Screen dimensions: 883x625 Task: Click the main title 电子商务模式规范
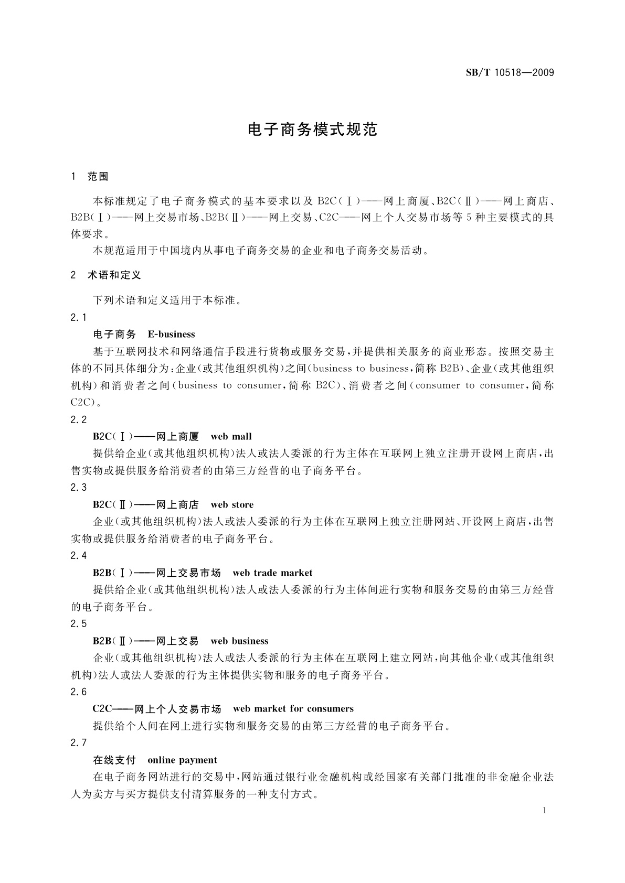pyautogui.click(x=312, y=130)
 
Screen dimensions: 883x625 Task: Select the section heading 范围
pyautogui.click(x=98, y=177)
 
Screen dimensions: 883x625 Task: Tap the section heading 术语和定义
pyautogui.click(x=114, y=275)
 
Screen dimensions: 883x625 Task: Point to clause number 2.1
pyautogui.click(x=78, y=317)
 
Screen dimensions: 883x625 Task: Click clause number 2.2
pyautogui.click(x=78, y=419)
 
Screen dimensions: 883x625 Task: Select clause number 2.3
pyautogui.click(x=78, y=488)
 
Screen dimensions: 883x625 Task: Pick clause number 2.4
pyautogui.click(x=78, y=556)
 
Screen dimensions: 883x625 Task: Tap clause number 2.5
pyautogui.click(x=78, y=624)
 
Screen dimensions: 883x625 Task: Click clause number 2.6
pyautogui.click(x=78, y=692)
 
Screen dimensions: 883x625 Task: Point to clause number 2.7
pyautogui.click(x=78, y=743)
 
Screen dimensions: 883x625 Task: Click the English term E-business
pyautogui.click(x=171, y=335)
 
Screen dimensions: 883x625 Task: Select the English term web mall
pyautogui.click(x=231, y=437)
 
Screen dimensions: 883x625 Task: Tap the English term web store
pyautogui.click(x=232, y=505)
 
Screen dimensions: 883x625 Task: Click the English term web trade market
pyautogui.click(x=272, y=573)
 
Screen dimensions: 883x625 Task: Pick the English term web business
pyautogui.click(x=239, y=641)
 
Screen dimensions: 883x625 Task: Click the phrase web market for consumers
pyautogui.click(x=293, y=709)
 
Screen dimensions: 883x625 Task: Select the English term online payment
pyautogui.click(x=182, y=760)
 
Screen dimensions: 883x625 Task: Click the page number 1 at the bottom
pyautogui.click(x=545, y=811)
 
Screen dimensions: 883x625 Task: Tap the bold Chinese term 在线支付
pyautogui.click(x=114, y=760)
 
